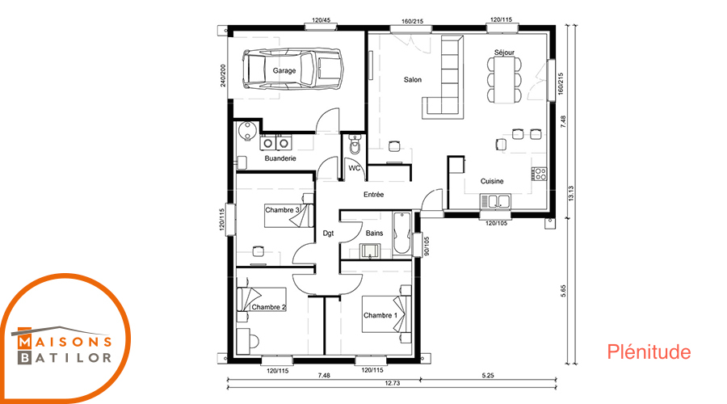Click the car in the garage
pyautogui.click(x=292, y=69)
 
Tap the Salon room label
pyautogui.click(x=413, y=80)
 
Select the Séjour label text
pyautogui.click(x=504, y=53)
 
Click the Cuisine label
pyautogui.click(x=492, y=181)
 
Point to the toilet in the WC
pyautogui.click(x=355, y=145)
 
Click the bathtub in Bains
pyautogui.click(x=401, y=234)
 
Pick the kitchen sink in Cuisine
pyautogui.click(x=495, y=201)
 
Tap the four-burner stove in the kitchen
pyautogui.click(x=540, y=174)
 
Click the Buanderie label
pyautogui.click(x=280, y=158)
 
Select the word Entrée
pyautogui.click(x=374, y=195)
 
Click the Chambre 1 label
pyautogui.click(x=380, y=315)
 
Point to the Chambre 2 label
pyautogui.click(x=269, y=307)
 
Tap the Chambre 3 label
pyautogui.click(x=283, y=210)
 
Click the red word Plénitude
pyautogui.click(x=649, y=352)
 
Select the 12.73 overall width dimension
pyautogui.click(x=393, y=383)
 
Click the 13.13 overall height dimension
pyautogui.click(x=571, y=193)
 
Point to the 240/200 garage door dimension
pyautogui.click(x=223, y=76)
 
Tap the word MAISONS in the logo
pyautogui.click(x=65, y=343)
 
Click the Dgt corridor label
pyautogui.click(x=328, y=234)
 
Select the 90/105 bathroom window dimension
pyautogui.click(x=427, y=246)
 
